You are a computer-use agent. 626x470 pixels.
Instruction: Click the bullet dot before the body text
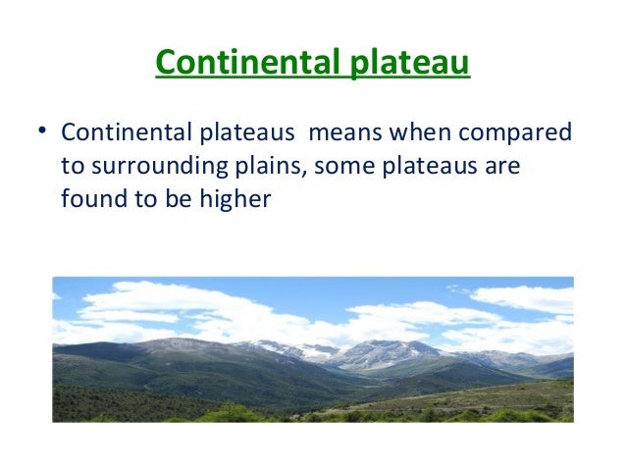pyautogui.click(x=43, y=131)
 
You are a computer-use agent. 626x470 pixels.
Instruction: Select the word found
pyautogui.click(x=89, y=198)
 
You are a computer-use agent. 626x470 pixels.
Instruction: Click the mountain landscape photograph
pyautogui.click(x=312, y=349)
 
